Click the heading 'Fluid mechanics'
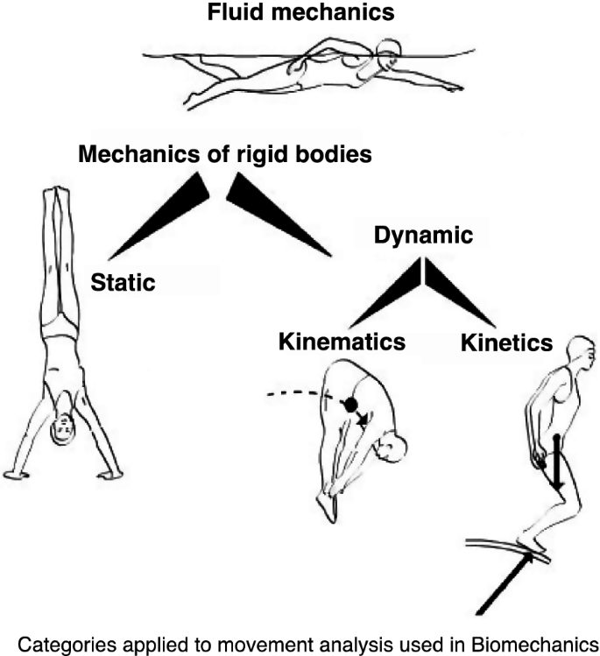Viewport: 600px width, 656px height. click(300, 13)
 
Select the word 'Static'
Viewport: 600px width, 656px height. click(124, 282)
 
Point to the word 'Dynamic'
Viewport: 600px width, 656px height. click(424, 236)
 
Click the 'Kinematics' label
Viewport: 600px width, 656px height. click(342, 342)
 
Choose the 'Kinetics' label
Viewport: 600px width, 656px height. click(506, 343)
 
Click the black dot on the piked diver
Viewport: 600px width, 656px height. click(350, 405)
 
